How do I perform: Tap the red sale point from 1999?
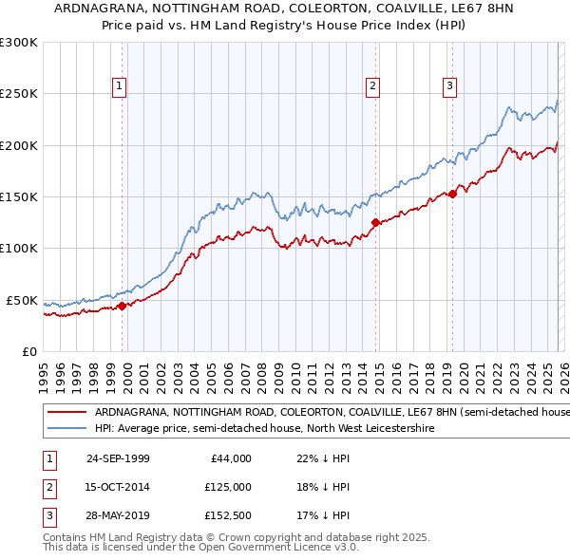(x=123, y=306)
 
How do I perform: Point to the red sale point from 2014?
(x=375, y=223)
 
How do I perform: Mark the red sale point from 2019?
(x=452, y=195)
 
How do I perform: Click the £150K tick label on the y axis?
(x=19, y=196)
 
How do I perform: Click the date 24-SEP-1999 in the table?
(x=118, y=458)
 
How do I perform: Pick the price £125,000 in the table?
(x=227, y=487)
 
